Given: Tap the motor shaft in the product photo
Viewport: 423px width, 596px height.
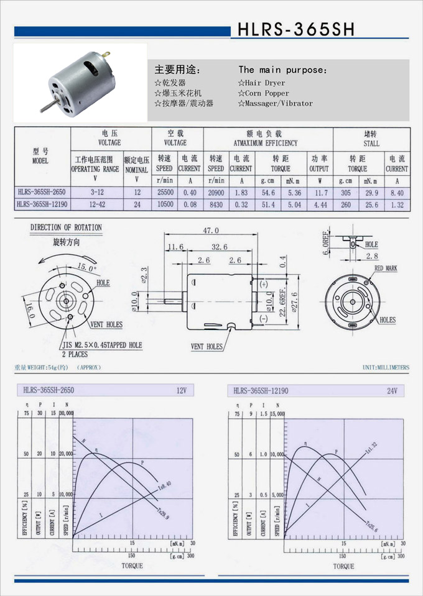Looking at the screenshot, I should (x=47, y=106).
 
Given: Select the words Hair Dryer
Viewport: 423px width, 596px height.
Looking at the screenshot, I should (x=261, y=83).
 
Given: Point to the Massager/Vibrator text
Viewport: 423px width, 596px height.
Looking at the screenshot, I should (x=275, y=103).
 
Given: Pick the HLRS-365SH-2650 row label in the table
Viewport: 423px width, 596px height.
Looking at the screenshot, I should (x=42, y=193).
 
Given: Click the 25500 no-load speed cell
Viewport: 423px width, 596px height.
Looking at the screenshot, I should (x=164, y=193).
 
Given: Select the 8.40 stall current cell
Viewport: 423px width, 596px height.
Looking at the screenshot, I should (x=396, y=193).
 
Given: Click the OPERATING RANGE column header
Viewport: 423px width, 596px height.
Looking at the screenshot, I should (x=95, y=168).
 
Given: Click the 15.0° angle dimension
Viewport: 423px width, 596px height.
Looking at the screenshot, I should (x=86, y=268).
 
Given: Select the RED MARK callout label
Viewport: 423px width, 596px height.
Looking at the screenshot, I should (x=386, y=268).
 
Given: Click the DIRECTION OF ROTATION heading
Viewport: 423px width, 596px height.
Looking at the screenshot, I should (x=66, y=228).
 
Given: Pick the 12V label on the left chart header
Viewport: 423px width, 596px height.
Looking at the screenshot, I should (x=182, y=390).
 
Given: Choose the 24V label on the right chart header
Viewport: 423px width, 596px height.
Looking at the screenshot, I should (x=392, y=390).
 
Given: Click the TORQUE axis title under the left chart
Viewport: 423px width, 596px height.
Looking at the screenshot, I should (x=132, y=566).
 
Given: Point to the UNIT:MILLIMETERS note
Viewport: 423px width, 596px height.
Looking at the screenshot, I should (x=386, y=367).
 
